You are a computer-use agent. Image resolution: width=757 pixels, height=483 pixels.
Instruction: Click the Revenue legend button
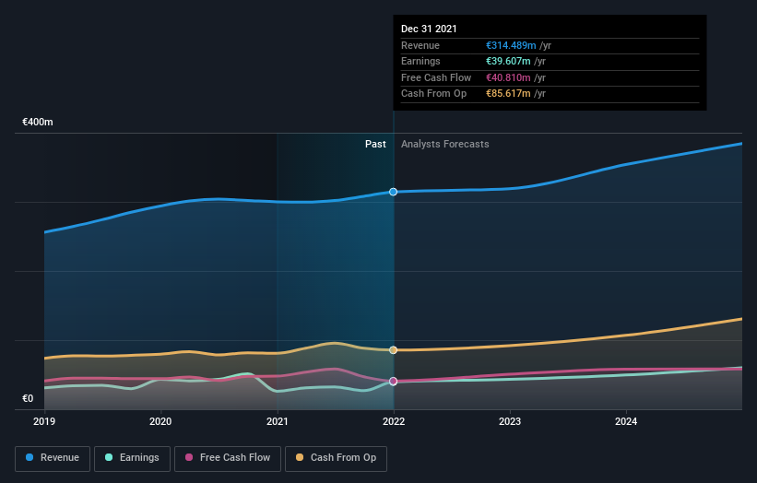(x=53, y=457)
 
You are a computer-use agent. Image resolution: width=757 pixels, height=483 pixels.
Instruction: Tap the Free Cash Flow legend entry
(x=228, y=457)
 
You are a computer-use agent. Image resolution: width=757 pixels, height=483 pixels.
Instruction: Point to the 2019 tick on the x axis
(x=44, y=422)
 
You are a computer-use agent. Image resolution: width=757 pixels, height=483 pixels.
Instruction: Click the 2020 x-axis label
(x=160, y=422)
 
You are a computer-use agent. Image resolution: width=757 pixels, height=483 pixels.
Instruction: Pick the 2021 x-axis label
(x=277, y=422)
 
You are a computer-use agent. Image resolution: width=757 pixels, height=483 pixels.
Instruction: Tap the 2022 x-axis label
(x=394, y=422)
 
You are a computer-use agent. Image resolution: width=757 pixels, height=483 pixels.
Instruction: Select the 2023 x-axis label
(x=510, y=422)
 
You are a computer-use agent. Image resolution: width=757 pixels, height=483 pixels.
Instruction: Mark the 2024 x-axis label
(x=626, y=422)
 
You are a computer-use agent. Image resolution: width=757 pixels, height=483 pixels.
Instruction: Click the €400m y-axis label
(x=38, y=122)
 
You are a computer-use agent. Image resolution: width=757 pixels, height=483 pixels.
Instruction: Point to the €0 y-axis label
(x=28, y=399)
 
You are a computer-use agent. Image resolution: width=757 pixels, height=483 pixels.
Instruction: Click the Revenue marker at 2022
(x=394, y=192)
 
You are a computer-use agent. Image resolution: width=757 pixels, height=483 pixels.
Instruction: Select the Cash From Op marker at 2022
(x=394, y=350)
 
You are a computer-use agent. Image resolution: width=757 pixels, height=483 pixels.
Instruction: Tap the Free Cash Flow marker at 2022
(x=394, y=381)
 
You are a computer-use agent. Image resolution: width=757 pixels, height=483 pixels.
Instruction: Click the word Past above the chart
(x=375, y=144)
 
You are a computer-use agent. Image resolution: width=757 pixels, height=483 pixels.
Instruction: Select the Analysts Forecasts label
(x=445, y=144)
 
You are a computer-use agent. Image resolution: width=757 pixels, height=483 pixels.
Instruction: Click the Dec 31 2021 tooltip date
(x=429, y=29)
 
